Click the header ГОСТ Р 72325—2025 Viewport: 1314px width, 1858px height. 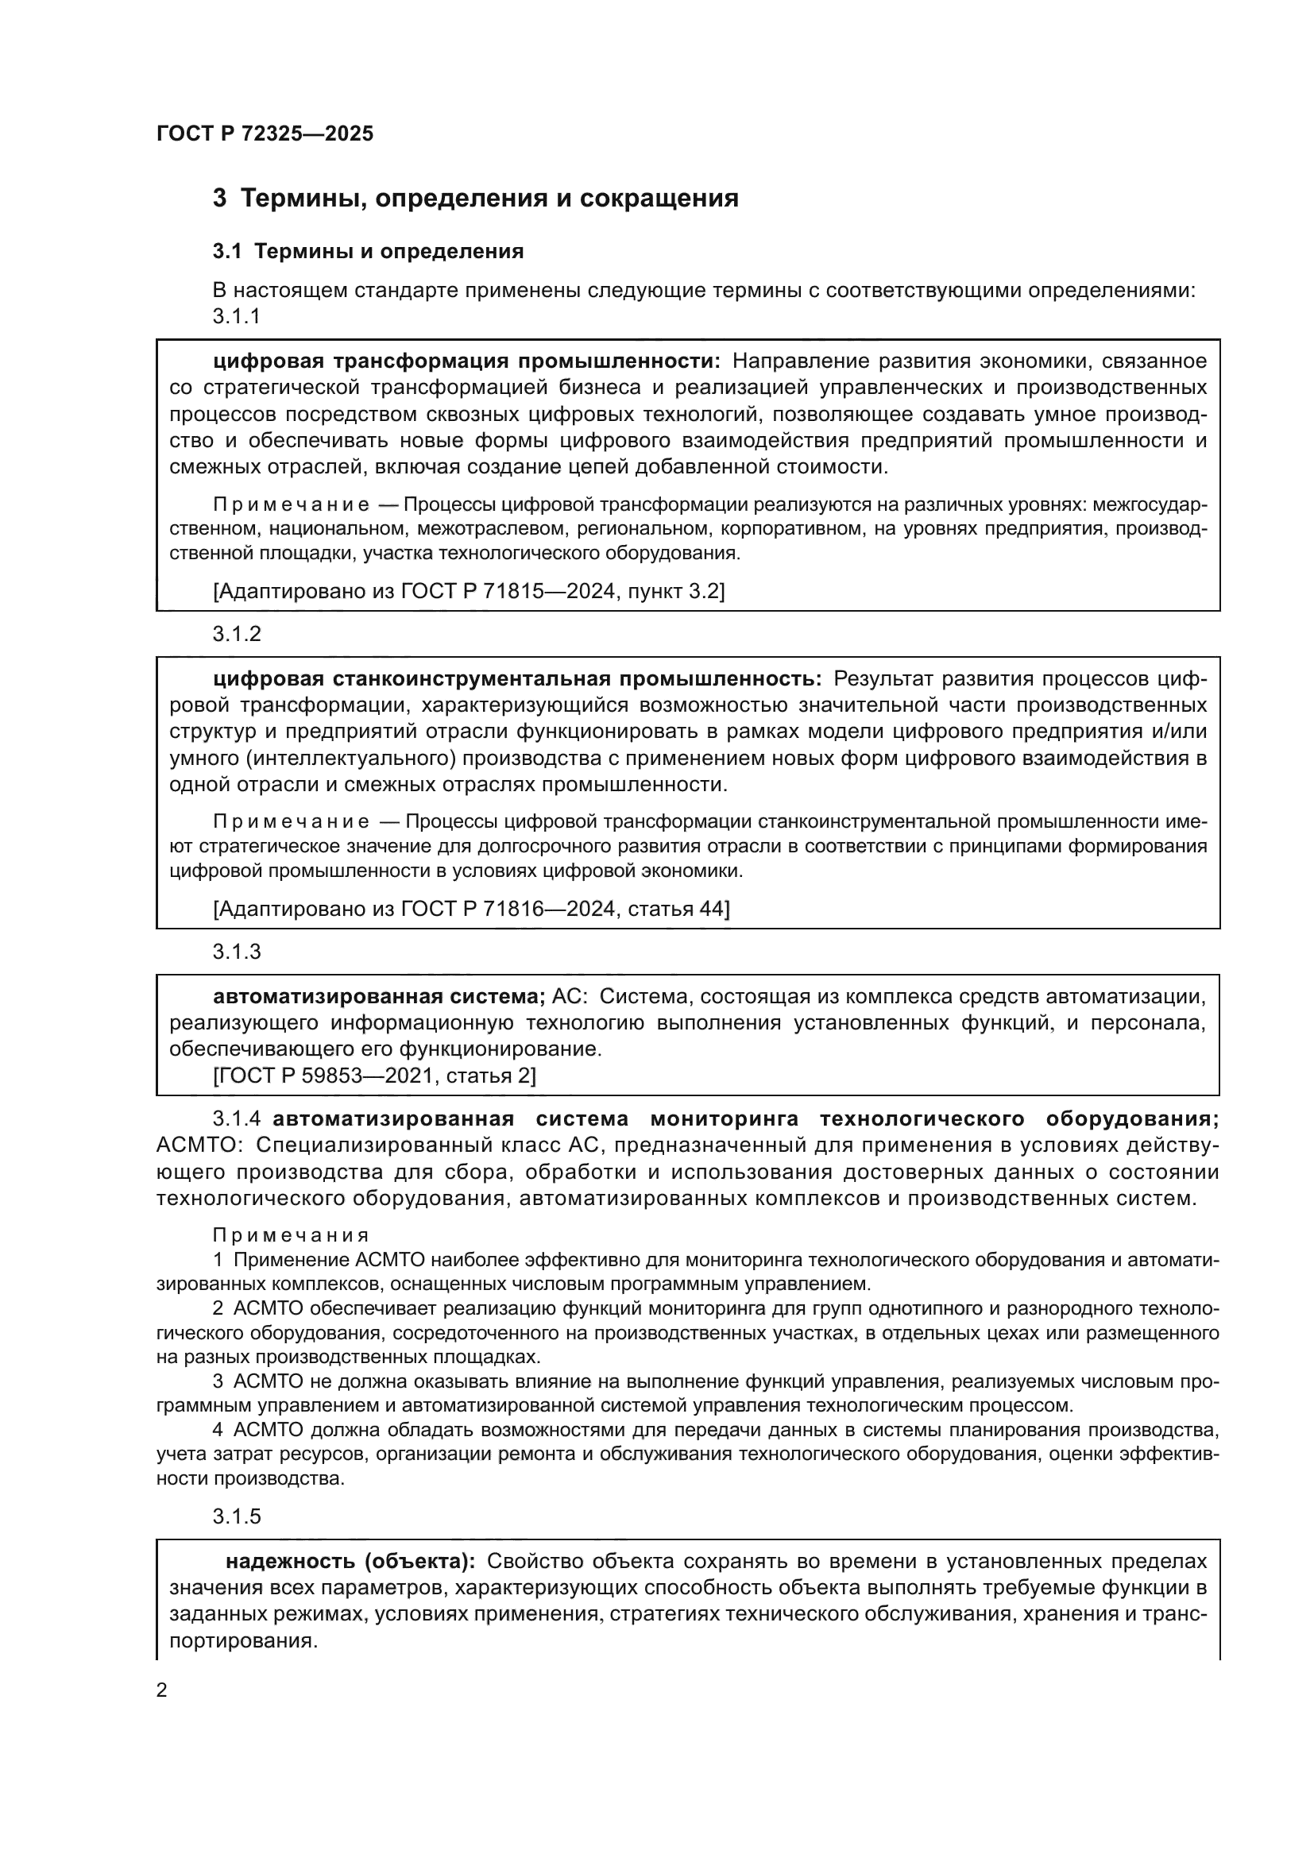point(265,133)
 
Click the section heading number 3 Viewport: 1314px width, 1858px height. point(219,199)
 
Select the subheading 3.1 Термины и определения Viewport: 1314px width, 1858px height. point(368,252)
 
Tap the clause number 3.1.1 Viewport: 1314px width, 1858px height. point(236,316)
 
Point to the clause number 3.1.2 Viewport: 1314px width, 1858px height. point(236,635)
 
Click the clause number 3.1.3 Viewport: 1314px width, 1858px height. point(236,952)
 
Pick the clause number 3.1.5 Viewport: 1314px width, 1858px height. point(236,1516)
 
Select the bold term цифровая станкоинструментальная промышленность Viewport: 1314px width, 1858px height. point(516,678)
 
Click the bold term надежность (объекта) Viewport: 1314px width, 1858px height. point(350,1561)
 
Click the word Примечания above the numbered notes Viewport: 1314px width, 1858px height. point(291,1236)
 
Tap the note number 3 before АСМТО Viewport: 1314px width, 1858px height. point(218,1381)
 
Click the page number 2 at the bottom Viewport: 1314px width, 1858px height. point(162,1690)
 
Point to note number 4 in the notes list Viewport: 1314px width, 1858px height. point(218,1431)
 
